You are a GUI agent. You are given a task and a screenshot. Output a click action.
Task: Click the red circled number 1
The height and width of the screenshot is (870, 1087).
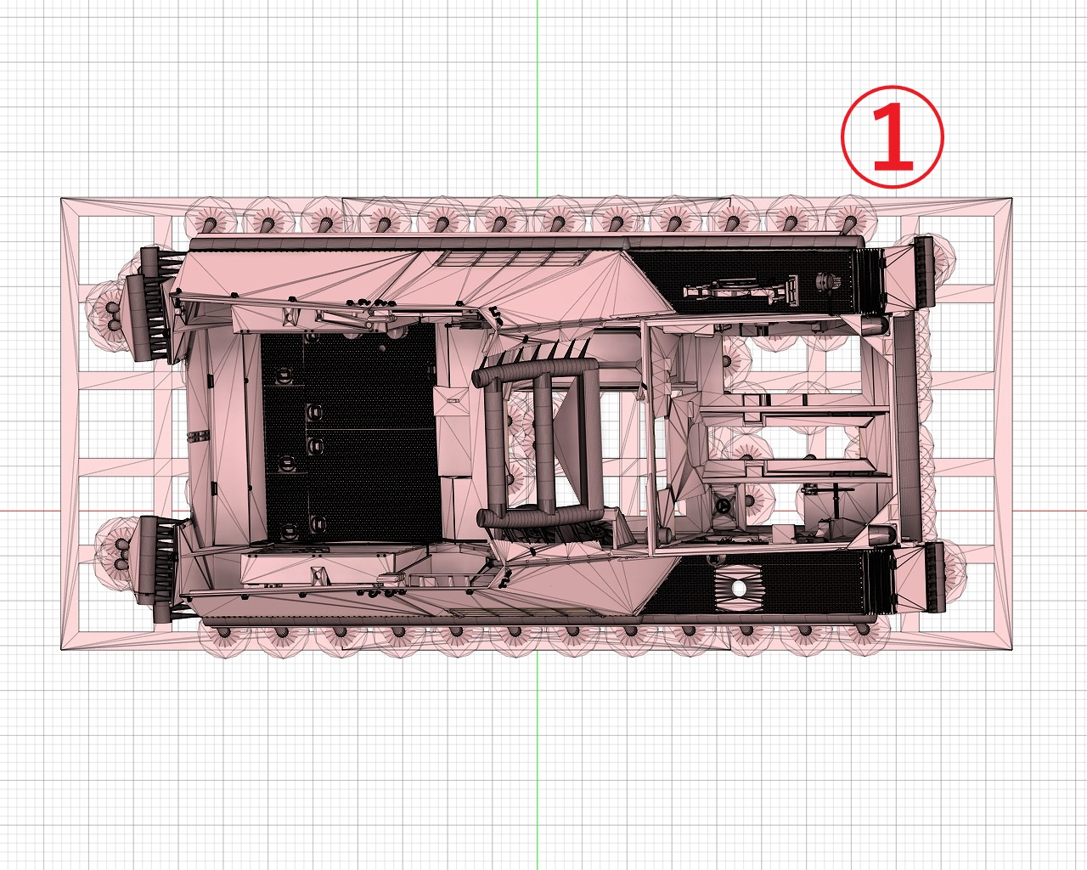pyautogui.click(x=892, y=137)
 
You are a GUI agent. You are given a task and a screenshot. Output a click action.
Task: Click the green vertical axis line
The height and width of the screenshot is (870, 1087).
pyautogui.click(x=537, y=435)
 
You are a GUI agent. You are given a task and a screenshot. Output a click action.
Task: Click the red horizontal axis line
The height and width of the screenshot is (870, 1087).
pyautogui.click(x=543, y=510)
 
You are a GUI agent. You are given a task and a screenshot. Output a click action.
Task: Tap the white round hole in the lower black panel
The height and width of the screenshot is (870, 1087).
pyautogui.click(x=739, y=589)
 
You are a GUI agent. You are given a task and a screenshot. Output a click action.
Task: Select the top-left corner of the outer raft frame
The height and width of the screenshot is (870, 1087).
pyautogui.click(x=61, y=198)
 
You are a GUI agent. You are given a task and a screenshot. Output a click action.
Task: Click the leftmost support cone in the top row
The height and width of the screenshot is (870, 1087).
pyautogui.click(x=209, y=222)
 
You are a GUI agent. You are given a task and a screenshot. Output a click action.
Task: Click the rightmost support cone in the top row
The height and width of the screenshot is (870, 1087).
pyautogui.click(x=849, y=222)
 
